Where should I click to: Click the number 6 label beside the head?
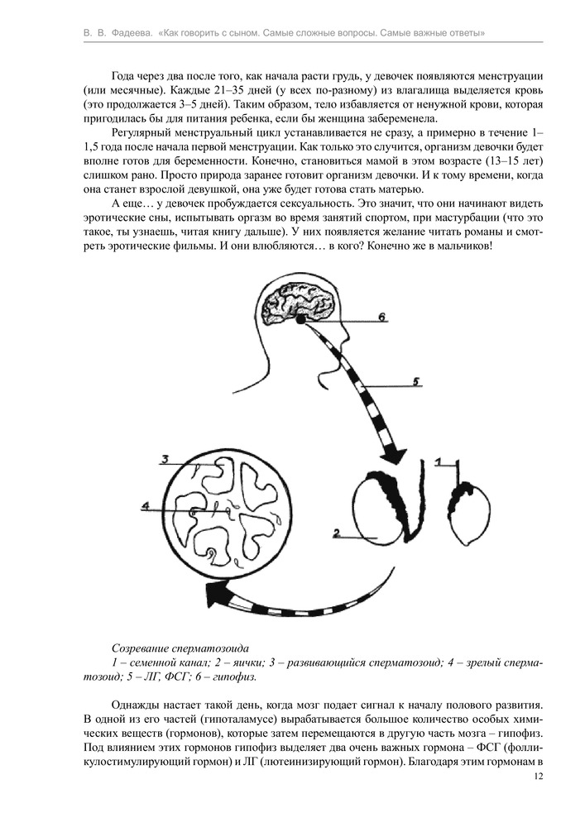[x=382, y=316]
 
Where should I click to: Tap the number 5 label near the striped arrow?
[x=417, y=381]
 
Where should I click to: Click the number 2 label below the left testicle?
[x=337, y=533]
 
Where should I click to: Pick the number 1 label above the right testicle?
[x=440, y=459]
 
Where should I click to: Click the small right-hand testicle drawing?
[x=465, y=513]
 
